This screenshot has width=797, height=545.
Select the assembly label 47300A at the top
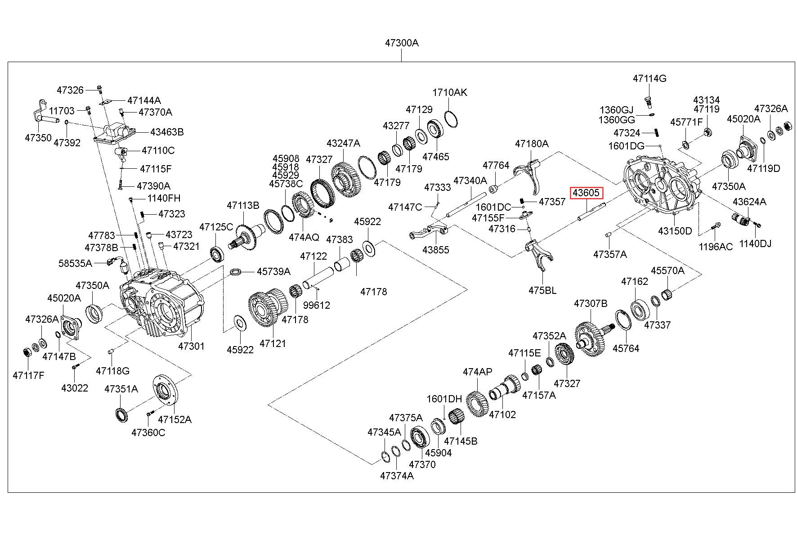pyautogui.click(x=401, y=43)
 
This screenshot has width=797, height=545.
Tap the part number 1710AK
pyautogui.click(x=450, y=93)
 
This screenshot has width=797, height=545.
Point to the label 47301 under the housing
pyautogui.click(x=191, y=346)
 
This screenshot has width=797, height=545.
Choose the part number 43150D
pyautogui.click(x=675, y=231)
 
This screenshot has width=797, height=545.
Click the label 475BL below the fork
pyautogui.click(x=542, y=290)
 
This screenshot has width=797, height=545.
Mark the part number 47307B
pyautogui.click(x=590, y=304)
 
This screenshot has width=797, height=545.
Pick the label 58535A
pyautogui.click(x=75, y=263)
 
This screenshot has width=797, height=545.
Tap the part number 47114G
pyautogui.click(x=649, y=78)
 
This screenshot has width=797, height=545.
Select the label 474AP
pyautogui.click(x=478, y=372)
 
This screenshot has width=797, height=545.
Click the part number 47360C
pyautogui.click(x=148, y=432)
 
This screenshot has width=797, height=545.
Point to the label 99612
pyautogui.click(x=316, y=305)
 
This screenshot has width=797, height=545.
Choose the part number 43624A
pyautogui.click(x=749, y=202)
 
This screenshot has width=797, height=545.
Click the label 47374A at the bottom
pyautogui.click(x=396, y=476)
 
